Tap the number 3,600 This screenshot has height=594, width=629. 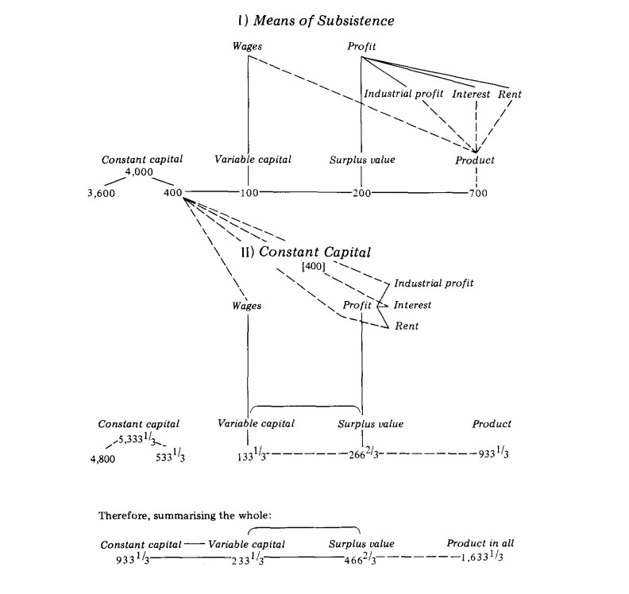[x=102, y=193]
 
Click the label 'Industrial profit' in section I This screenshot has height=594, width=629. [x=403, y=94]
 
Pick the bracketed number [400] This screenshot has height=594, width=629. [x=311, y=266]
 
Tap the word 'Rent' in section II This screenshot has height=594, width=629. [x=407, y=326]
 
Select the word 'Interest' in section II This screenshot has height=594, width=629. [x=412, y=305]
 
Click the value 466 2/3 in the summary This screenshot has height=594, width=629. [x=359, y=559]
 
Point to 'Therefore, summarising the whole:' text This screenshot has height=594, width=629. [x=185, y=515]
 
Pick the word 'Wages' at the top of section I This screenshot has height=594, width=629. [x=249, y=47]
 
